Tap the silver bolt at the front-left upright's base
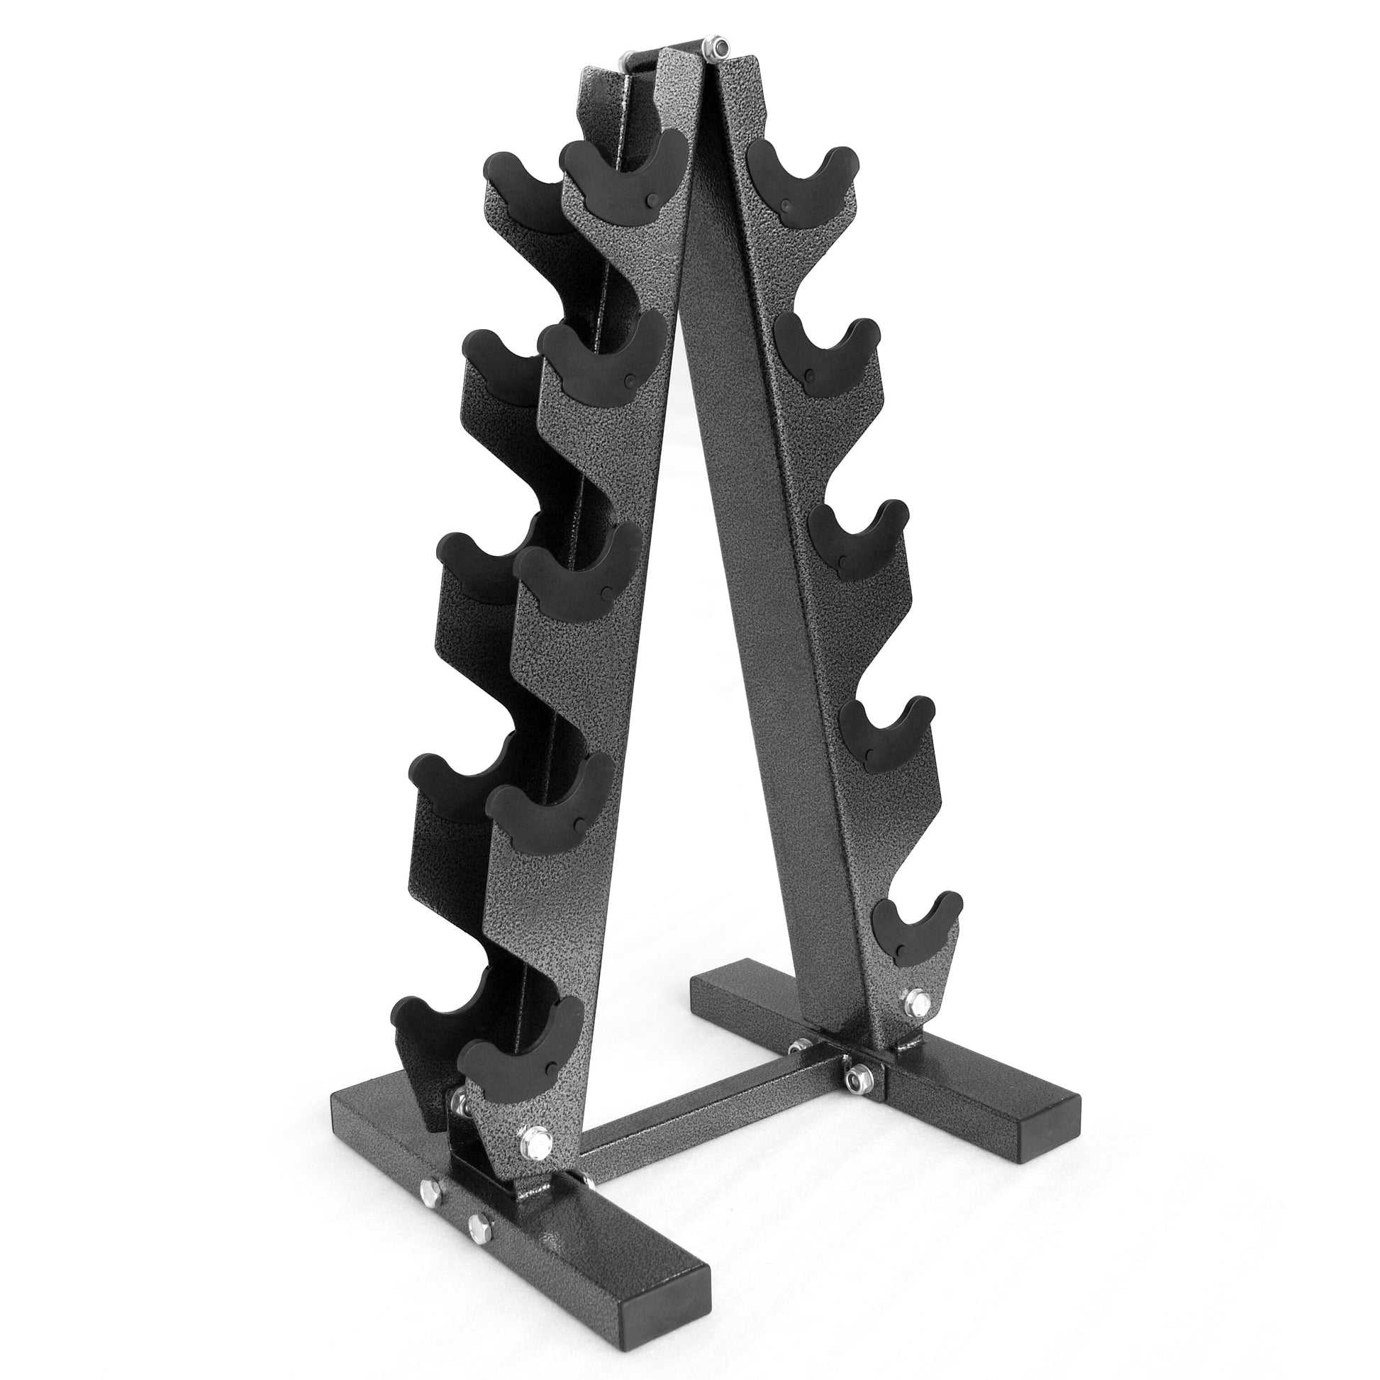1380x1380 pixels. click(x=533, y=1154)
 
